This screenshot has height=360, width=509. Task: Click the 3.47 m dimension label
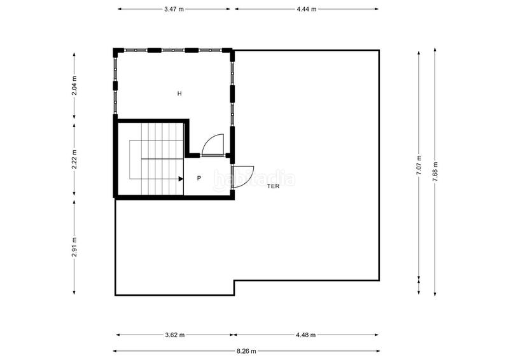point(174,10)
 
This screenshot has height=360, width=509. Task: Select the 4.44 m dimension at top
point(306,10)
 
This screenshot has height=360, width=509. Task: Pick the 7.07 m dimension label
point(419,165)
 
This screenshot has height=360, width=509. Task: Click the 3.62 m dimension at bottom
point(174,335)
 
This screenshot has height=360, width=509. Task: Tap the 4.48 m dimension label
point(306,335)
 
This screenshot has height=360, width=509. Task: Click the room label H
point(179,93)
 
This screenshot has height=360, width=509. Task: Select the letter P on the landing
point(199,179)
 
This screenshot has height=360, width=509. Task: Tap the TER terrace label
point(273,186)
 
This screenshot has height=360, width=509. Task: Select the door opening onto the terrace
point(243,176)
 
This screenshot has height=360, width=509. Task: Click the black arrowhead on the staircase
point(181,179)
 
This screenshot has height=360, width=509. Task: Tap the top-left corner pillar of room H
point(116,50)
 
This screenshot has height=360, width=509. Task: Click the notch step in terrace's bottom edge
point(234,287)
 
